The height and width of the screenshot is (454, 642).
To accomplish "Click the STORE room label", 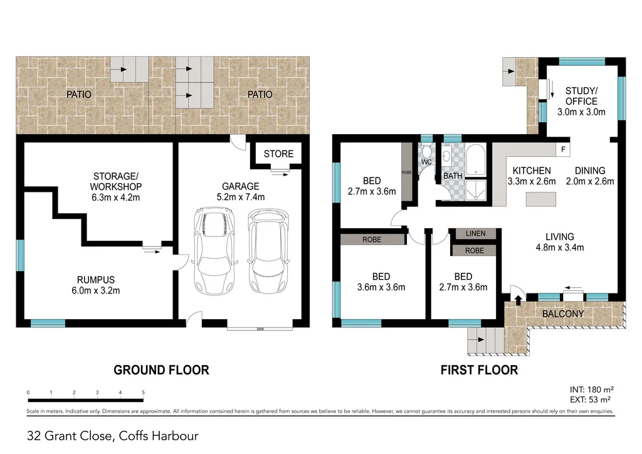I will pos(278,154).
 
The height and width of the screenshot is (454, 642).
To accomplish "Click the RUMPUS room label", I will pos(96,280).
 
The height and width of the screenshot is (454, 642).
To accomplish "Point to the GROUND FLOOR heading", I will pos(161,370).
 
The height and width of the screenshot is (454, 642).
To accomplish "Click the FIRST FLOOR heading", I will pos(479,370).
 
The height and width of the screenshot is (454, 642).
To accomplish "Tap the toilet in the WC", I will pos(426,152).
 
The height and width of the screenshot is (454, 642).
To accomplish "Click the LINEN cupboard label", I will pos(475,234).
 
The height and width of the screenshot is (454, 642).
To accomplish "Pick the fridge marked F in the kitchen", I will pos(563,150).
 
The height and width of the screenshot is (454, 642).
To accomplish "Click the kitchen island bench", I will pos(540,198).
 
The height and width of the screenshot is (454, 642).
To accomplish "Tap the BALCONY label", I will pos(562,314).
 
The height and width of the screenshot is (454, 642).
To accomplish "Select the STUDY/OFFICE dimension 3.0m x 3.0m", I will pos(581,112).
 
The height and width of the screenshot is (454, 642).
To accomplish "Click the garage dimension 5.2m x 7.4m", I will pos(241,197).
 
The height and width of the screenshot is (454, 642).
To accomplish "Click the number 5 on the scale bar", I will pos(143,393).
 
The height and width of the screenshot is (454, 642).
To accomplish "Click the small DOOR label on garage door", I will pos(259,329).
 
